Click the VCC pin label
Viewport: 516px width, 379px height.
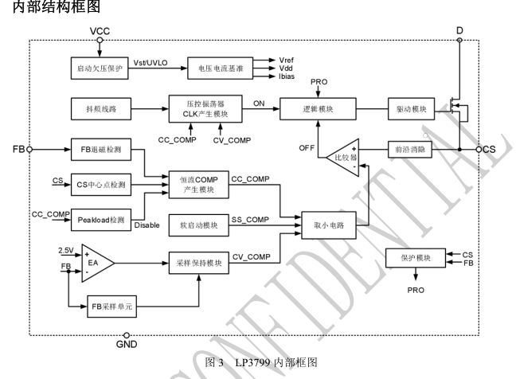tap(100, 30)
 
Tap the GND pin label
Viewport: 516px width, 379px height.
tap(126, 346)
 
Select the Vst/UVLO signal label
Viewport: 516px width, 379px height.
tap(157, 60)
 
